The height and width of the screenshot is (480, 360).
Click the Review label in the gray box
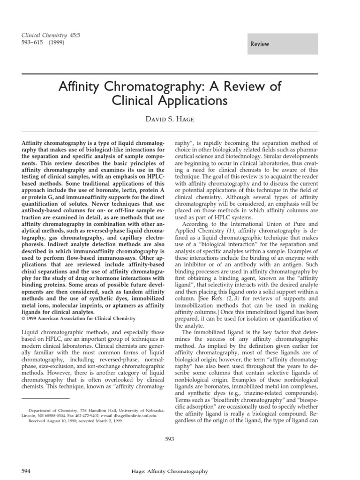click(x=260, y=44)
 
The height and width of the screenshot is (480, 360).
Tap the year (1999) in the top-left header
click(x=56, y=42)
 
